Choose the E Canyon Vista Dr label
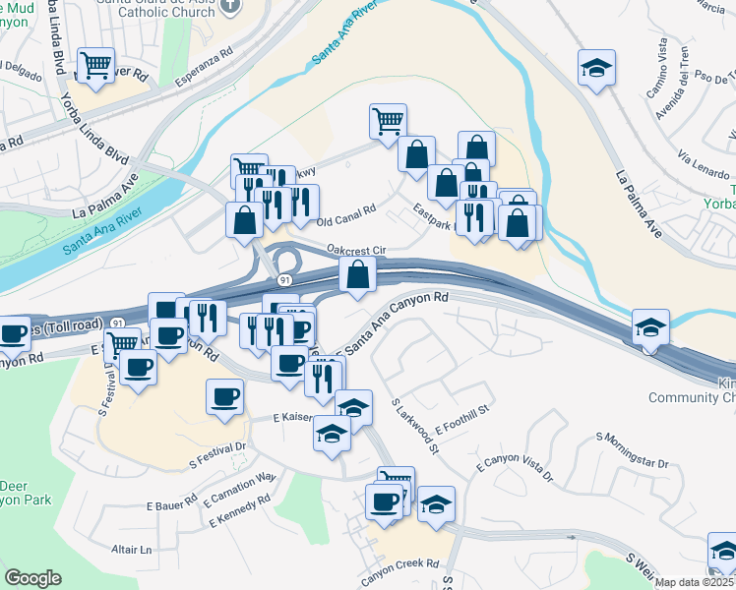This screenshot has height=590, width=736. [x=516, y=471]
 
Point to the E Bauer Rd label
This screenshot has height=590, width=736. [x=171, y=505]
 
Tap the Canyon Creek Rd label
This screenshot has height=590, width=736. [x=398, y=564]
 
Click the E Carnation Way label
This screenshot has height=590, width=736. [x=240, y=487]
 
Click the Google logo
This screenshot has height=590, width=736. [x=32, y=578]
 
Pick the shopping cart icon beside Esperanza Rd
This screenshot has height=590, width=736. [x=95, y=66]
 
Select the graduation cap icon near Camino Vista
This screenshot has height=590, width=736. [x=596, y=68]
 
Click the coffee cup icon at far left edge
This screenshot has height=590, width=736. [x=13, y=334]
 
